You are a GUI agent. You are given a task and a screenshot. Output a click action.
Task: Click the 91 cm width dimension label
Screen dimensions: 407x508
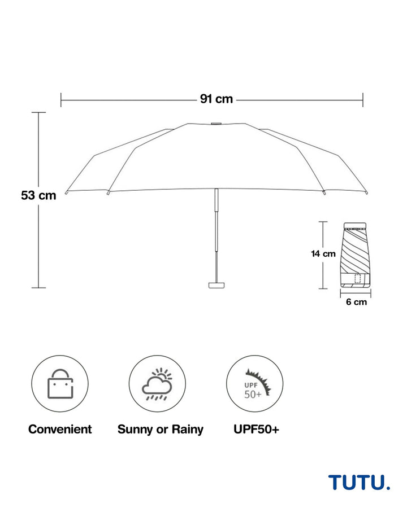[217, 99]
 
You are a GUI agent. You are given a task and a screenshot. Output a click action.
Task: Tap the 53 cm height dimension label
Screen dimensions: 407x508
[38, 195]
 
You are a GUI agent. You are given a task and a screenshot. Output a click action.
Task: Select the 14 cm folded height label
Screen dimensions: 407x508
[323, 253]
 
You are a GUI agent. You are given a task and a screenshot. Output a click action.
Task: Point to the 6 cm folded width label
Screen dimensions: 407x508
[356, 302]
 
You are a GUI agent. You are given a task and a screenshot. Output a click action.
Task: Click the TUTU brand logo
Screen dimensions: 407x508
[359, 482]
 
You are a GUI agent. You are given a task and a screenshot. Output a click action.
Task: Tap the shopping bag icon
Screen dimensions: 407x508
[60, 384]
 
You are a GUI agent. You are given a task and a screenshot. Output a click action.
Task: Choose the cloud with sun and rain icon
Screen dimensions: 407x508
[157, 384]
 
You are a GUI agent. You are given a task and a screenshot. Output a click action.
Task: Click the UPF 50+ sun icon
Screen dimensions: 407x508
[257, 384]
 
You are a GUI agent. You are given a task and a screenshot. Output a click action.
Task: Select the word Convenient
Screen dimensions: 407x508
[60, 430]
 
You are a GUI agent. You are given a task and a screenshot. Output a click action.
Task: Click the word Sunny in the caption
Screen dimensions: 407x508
[135, 430]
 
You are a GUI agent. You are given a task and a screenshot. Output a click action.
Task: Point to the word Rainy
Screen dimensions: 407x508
[187, 430]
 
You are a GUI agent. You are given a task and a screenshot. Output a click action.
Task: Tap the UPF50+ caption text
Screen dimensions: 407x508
[257, 430]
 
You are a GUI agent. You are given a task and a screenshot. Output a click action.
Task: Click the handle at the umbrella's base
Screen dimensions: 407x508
[217, 285]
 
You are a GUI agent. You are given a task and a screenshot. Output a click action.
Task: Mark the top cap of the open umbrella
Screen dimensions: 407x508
[216, 124]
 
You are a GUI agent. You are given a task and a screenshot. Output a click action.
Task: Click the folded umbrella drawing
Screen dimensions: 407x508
[356, 255]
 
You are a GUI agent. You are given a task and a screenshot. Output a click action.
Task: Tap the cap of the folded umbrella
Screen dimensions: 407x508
[355, 225]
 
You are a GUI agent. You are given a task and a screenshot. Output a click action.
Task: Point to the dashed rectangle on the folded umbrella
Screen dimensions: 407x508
[357, 278]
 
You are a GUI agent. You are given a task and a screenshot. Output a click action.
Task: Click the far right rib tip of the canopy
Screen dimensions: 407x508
[366, 193]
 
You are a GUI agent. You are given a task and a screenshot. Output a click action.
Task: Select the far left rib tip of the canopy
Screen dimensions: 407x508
[67, 193]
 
